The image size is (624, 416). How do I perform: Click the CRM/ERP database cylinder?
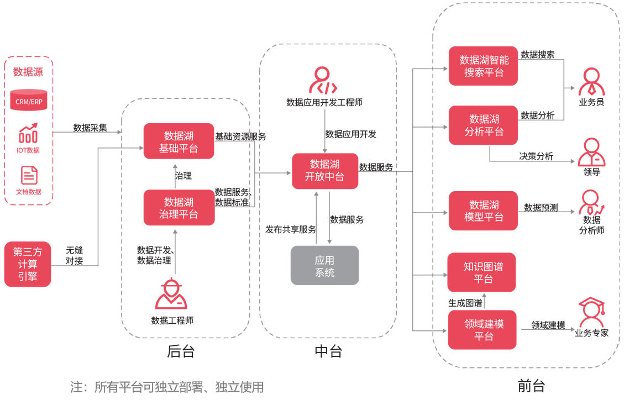point(29,100)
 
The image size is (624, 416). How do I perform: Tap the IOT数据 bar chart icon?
point(28,133)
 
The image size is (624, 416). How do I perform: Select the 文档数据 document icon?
point(29,175)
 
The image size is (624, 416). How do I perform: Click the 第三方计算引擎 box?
point(28,264)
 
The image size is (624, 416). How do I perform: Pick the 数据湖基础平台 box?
point(179,141)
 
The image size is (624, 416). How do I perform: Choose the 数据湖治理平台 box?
point(179,208)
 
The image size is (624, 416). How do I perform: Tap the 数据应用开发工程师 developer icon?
point(323,80)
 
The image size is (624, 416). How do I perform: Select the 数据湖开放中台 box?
point(325,171)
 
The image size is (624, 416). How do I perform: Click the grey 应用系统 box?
point(325,265)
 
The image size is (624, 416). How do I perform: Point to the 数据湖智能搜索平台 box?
point(483,66)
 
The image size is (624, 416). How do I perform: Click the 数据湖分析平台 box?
point(483,125)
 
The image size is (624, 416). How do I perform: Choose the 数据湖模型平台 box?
point(483,211)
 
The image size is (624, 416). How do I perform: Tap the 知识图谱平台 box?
point(481,272)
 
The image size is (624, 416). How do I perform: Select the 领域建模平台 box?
point(483,330)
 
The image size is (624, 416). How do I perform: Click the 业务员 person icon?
point(591,82)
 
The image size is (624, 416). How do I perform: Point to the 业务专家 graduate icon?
point(592,312)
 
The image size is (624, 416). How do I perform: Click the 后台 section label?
point(181,351)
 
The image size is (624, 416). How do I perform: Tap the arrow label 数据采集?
point(90,128)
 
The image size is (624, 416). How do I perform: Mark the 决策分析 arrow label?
point(536,156)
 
